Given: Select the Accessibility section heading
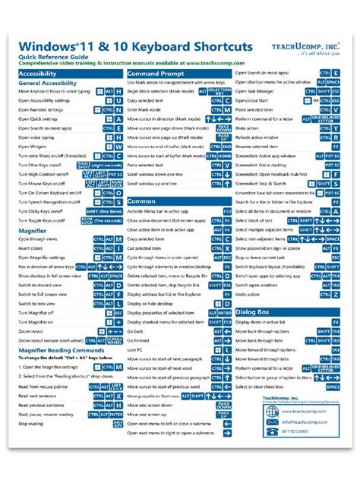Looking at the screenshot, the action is coord(36,74).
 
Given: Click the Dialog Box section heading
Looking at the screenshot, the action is coord(252,311).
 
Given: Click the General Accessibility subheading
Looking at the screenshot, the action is coord(46,83).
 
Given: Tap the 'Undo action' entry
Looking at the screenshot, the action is coord(248,293).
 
